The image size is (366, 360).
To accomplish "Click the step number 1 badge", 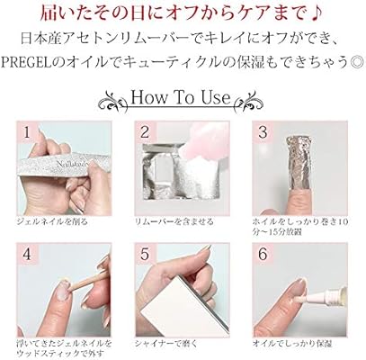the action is pos(27,132).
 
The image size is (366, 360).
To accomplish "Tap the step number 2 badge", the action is pos(145,132).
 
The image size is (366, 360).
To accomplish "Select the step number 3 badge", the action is pos(263,132).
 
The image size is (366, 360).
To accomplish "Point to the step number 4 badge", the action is pos(27,255).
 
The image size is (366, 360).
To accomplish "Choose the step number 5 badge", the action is pos(145,255).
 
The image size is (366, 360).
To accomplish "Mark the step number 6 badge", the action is pos(263,255).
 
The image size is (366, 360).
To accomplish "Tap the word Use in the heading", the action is pos(215,97).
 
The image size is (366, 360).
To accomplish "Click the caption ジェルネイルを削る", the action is pos(53,221).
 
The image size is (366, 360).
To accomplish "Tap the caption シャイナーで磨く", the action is pos(166,344).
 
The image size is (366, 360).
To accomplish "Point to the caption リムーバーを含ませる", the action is pos(174,221).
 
